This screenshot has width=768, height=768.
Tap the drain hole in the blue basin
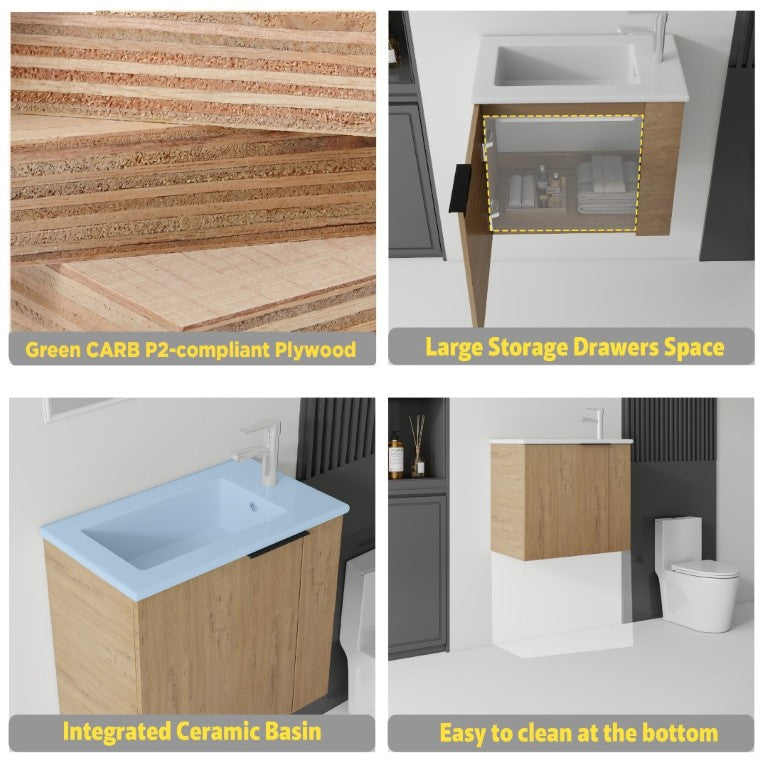coord(253,507)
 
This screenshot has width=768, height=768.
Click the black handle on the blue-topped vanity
coord(278,545)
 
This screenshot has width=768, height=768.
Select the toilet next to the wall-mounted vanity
coord(696,574)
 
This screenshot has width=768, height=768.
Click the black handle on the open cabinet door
coord(460,189)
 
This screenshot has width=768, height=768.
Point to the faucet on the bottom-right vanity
coord(594,423)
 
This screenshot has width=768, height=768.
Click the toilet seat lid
coord(705,569)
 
